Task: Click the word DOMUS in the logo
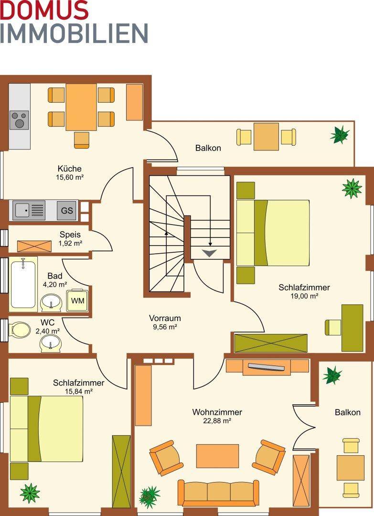click(x=44, y=10)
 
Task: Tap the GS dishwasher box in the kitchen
click(x=67, y=210)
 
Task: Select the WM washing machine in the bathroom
click(x=78, y=301)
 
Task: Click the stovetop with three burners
click(x=20, y=120)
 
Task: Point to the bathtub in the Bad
click(x=23, y=284)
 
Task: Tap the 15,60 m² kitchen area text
click(x=69, y=177)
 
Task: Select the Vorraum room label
click(x=165, y=318)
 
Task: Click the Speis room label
click(x=70, y=235)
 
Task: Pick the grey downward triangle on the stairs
click(x=210, y=253)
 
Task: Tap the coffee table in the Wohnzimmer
click(x=217, y=456)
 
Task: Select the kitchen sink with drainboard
click(x=30, y=210)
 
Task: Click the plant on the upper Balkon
click(x=340, y=134)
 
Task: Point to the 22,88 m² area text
click(x=217, y=420)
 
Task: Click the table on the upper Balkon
click(x=267, y=137)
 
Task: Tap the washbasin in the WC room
click(x=50, y=343)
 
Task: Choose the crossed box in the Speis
click(x=34, y=246)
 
